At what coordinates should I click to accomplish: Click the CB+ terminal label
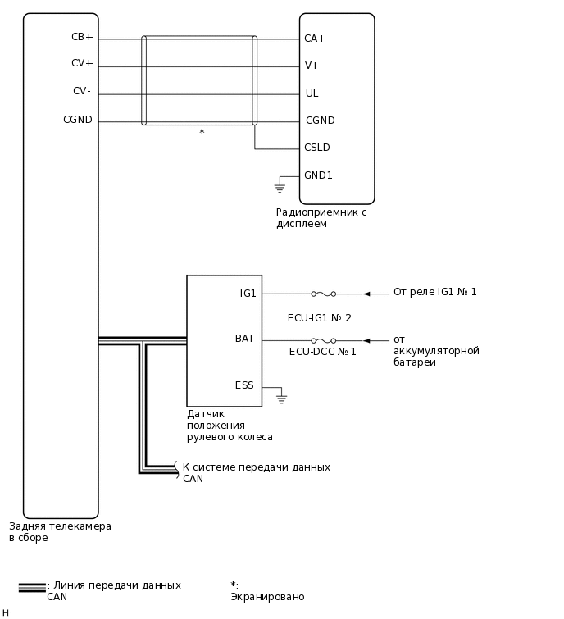coord(82,37)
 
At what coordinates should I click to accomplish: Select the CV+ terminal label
coord(82,63)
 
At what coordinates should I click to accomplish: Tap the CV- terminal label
coord(82,91)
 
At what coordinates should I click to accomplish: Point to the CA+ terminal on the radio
coord(315,39)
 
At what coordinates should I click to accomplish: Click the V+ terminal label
coord(312,66)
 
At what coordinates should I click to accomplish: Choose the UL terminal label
coord(312,93)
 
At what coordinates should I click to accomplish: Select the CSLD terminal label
coord(317,148)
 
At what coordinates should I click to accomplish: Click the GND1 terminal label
coord(318,175)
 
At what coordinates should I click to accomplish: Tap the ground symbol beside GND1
coord(280,188)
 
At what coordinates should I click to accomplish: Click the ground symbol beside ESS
coord(281,399)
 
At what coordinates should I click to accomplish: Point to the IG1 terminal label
coord(248,294)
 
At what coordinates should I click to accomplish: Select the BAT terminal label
coord(244,338)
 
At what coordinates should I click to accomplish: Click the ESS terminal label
coord(244,385)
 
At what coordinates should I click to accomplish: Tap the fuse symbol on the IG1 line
coord(323,294)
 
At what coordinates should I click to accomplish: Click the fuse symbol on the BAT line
coord(323,340)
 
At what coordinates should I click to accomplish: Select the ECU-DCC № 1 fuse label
coord(322,352)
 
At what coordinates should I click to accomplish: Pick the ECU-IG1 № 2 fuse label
coord(319,317)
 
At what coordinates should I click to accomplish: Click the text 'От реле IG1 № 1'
coord(434,292)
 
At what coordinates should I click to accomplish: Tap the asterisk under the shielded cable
coord(202,132)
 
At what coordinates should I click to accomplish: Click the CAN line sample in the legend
coord(32,587)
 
